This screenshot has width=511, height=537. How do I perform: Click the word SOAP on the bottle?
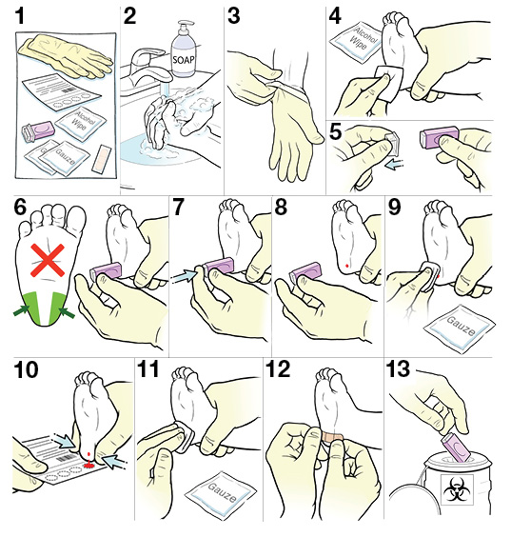coord(184,60)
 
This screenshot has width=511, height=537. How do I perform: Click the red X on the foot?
coord(48,260)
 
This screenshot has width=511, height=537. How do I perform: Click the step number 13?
coord(398,369)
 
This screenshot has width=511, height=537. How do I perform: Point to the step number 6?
coord(20,207)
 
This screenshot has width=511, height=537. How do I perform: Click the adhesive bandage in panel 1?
coord(100,158)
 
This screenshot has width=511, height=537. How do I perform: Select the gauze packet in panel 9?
coord(459,328)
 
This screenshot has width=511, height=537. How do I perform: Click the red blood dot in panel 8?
coord(347,266)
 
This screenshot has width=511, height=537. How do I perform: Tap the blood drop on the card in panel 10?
coord(89,465)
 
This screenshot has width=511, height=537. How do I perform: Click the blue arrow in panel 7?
coord(184,275)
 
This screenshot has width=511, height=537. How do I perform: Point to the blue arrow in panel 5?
coord(394,165)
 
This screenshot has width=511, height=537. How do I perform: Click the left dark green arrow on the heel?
coord(22,310)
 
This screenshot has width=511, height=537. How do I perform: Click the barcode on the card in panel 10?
coord(63,459)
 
